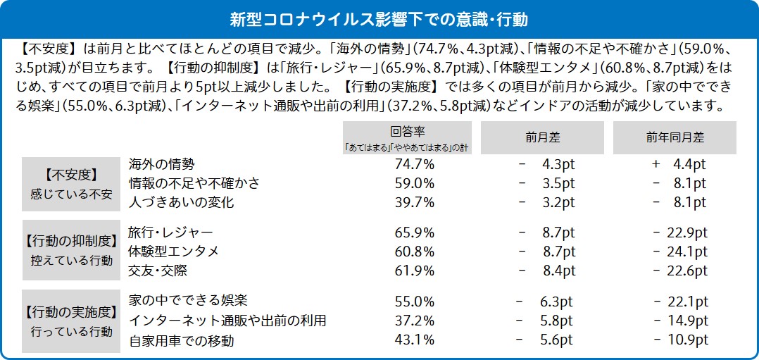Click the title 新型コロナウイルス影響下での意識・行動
click(x=379, y=19)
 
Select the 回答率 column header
click(x=407, y=137)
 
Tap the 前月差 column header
click(x=542, y=137)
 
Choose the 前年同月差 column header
click(x=674, y=137)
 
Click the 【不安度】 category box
click(x=70, y=183)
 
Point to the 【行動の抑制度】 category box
click(x=70, y=250)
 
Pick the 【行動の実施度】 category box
click(x=70, y=321)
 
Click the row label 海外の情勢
click(x=161, y=164)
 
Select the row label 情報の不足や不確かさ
click(x=194, y=183)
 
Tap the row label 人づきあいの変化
click(x=181, y=202)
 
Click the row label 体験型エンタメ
click(x=174, y=251)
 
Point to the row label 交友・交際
click(x=158, y=270)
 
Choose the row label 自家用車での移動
click(x=181, y=340)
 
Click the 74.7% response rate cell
click(x=415, y=164)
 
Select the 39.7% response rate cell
click(x=415, y=203)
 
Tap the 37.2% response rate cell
click(x=415, y=321)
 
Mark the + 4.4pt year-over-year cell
click(x=679, y=164)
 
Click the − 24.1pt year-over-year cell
click(x=679, y=251)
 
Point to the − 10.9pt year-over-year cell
click(x=679, y=340)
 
